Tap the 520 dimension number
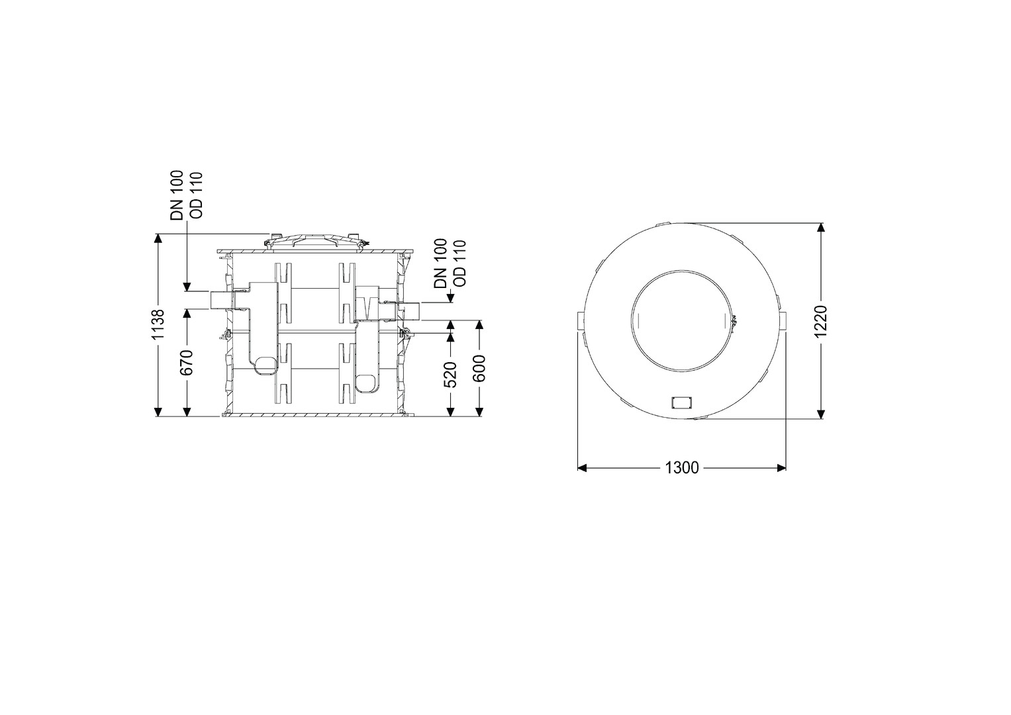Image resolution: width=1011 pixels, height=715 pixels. coord(450,375)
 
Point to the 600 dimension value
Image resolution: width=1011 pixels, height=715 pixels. coord(480,368)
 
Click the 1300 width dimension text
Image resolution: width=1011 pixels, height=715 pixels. coord(681,467)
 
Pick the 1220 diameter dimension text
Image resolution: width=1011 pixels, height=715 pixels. coord(820,321)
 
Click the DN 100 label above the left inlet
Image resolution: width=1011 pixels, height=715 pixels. coord(177,195)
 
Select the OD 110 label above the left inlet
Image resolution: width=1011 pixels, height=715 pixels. coord(197,195)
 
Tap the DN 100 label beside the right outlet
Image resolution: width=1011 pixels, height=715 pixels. coord(440,263)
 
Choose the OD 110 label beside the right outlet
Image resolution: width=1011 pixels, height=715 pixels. coord(459,263)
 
